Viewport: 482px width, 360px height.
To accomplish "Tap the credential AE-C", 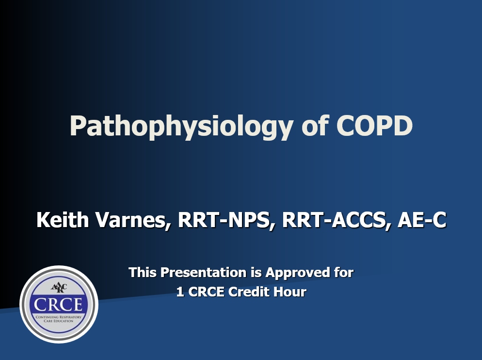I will tap(421, 221).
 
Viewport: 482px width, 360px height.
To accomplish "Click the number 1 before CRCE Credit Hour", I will tap(180, 292).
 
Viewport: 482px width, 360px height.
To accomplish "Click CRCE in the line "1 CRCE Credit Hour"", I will tap(206, 292).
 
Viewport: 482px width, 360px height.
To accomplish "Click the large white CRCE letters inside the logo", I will tap(59, 304).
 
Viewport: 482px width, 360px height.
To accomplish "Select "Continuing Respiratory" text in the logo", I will tap(59, 316).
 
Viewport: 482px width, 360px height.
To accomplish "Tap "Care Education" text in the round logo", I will tap(59, 321).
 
